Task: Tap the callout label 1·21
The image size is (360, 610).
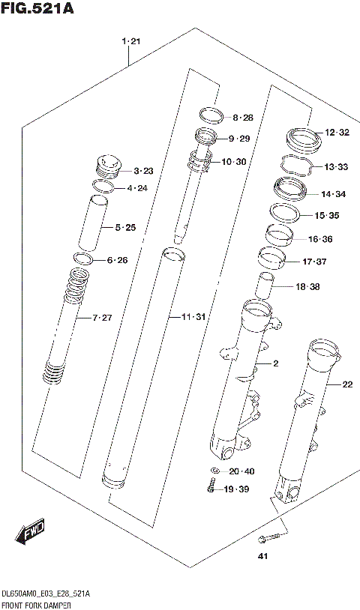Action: [130, 41]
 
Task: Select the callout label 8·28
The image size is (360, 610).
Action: [243, 118]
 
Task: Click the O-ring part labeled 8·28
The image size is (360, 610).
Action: [211, 115]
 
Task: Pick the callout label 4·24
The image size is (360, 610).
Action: [137, 188]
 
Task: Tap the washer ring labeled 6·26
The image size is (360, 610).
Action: [82, 259]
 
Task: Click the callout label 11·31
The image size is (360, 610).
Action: [193, 318]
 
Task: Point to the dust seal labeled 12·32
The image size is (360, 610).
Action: [302, 138]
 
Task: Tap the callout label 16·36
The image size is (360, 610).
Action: [322, 239]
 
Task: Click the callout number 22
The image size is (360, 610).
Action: [346, 384]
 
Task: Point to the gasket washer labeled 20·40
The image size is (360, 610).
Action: [215, 472]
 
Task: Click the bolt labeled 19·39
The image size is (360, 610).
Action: [213, 489]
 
